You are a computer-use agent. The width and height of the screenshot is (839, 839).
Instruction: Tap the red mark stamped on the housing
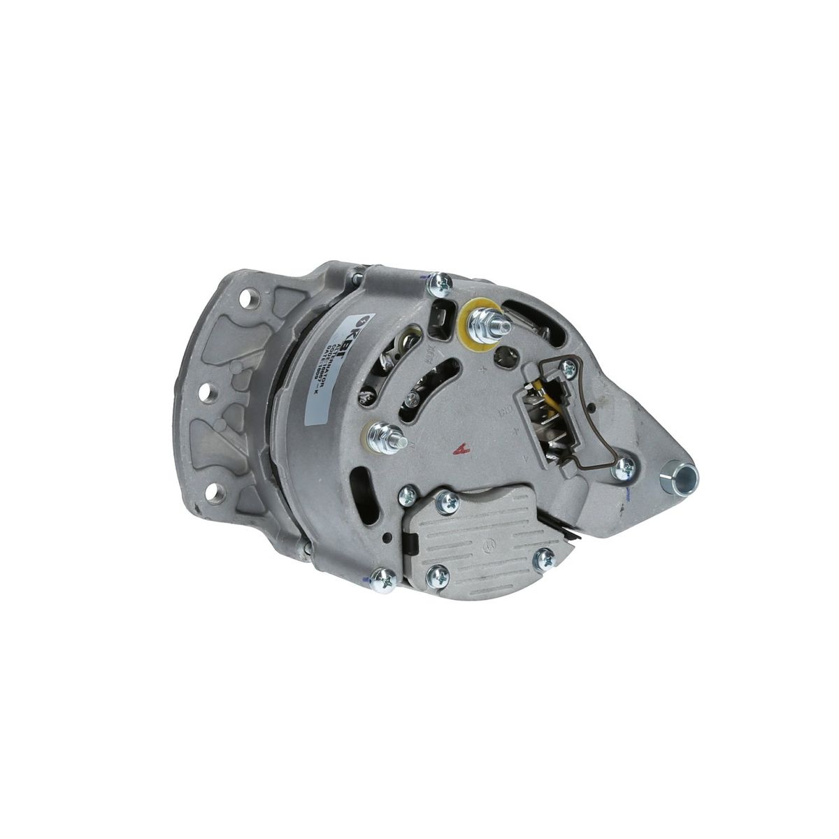click(459, 451)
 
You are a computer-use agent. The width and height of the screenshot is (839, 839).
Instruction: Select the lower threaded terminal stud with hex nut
click(385, 437)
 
